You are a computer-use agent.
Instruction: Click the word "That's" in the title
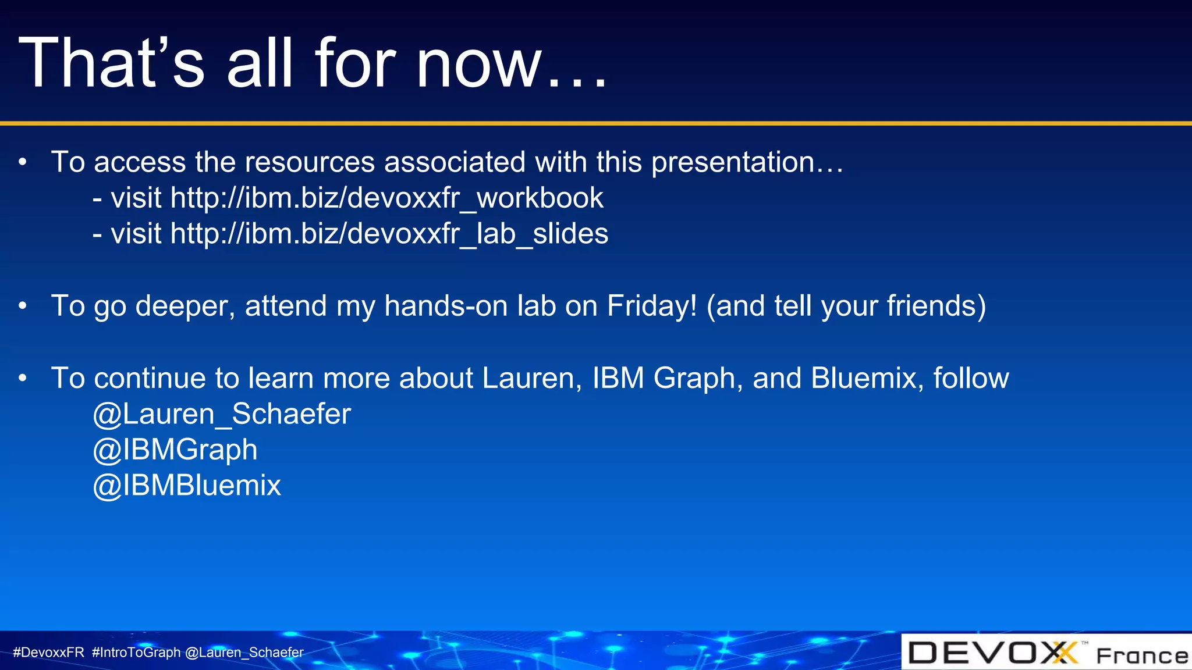point(111,63)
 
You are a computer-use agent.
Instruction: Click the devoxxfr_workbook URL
point(386,198)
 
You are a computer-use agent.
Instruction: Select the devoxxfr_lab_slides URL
point(389,234)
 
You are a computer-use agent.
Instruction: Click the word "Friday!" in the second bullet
point(651,306)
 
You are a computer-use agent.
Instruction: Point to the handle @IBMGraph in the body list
point(175,450)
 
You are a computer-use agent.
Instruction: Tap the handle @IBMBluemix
point(187,486)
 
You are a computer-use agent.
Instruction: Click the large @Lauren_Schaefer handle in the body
point(222,414)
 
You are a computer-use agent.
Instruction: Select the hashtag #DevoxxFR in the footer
point(49,653)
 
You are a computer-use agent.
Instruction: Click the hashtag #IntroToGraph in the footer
point(136,653)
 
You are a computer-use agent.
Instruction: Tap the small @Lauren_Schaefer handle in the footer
point(244,653)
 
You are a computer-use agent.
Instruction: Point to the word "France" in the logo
point(1141,656)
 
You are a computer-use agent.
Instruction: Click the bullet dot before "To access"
point(23,162)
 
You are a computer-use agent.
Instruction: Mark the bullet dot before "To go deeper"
point(23,306)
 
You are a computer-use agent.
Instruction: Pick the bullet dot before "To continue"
point(23,378)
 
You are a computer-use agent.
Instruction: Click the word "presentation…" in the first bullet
point(747,162)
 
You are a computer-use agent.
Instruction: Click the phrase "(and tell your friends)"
point(846,306)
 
